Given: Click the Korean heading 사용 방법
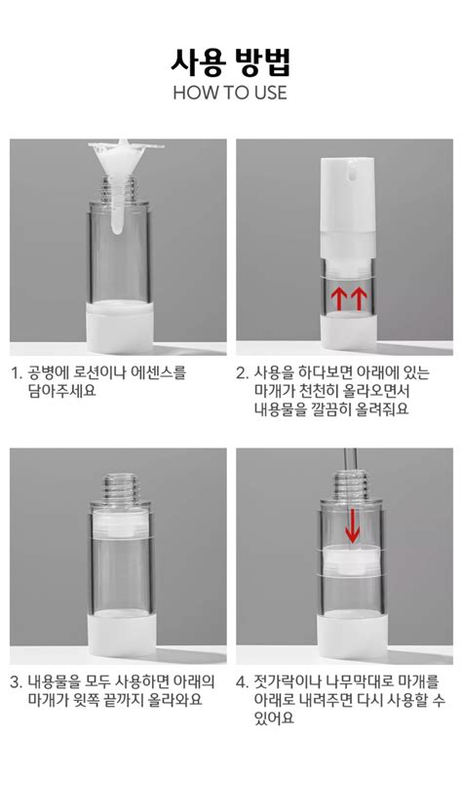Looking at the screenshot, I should [230, 61].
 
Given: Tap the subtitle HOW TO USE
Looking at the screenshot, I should [230, 93].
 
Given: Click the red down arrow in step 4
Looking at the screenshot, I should [352, 525].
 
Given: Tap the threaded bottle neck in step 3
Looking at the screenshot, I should [118, 483].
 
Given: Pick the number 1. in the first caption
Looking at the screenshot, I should [17, 372].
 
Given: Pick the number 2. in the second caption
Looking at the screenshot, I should [243, 372].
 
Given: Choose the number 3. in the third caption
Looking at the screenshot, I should [17, 682].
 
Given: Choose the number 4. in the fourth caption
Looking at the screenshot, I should [243, 682].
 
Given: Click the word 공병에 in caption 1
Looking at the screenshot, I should [51, 372].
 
